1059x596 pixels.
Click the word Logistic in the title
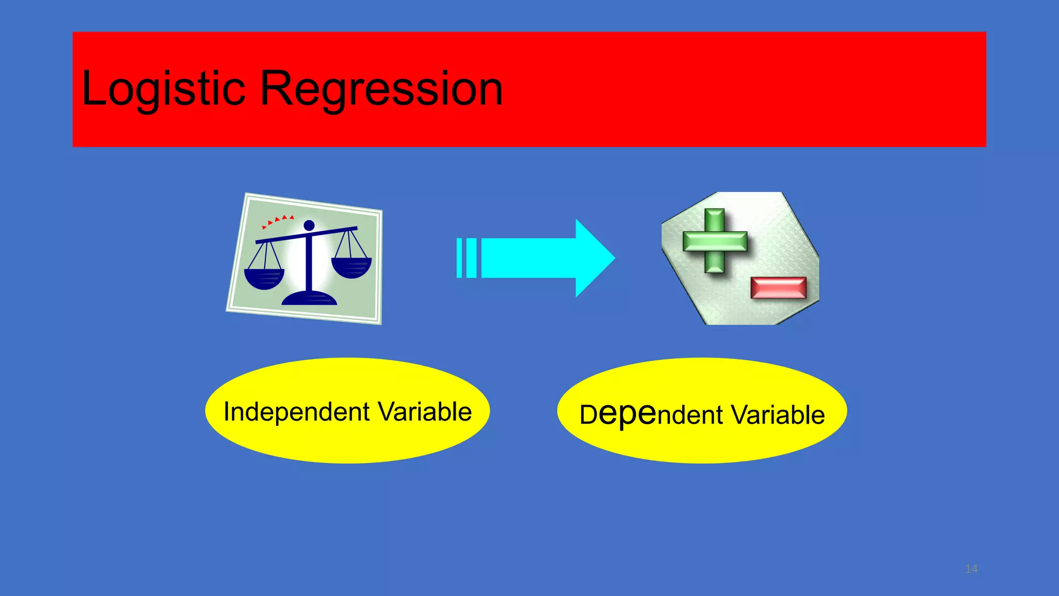[163, 89]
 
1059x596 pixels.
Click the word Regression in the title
[381, 89]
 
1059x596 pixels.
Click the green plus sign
[715, 241]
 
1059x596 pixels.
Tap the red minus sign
[778, 288]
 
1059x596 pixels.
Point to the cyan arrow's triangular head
[595, 258]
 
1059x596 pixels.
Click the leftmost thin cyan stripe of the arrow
[459, 258]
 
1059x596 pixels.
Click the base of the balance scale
[309, 299]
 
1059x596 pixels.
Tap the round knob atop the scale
[309, 225]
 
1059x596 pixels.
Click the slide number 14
[971, 569]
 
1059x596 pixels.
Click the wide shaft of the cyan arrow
[527, 258]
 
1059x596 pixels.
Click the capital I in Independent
[226, 412]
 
